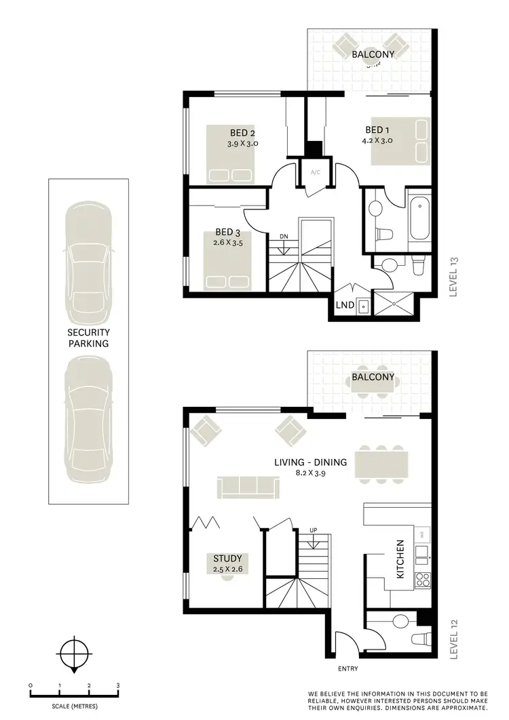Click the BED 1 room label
click(377, 130)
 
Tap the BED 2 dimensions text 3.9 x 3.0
click(242, 144)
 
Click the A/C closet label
click(316, 173)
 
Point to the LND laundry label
click(345, 305)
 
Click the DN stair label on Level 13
click(283, 236)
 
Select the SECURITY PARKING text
click(88, 338)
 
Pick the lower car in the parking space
click(88, 416)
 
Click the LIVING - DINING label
click(310, 462)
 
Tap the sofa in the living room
click(247, 487)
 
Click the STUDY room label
click(227, 559)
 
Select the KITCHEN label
click(400, 559)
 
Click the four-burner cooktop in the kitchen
click(422, 579)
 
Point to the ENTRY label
click(347, 668)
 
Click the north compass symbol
click(74, 654)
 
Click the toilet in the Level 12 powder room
click(420, 639)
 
